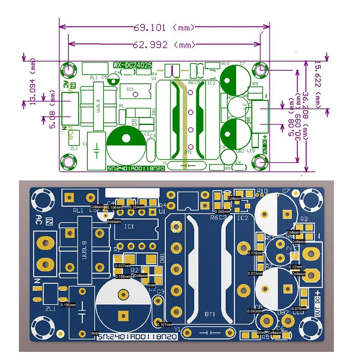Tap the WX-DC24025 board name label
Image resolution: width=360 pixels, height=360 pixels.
click(x=132, y=65)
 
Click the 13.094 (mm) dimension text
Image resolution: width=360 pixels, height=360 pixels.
click(x=32, y=81)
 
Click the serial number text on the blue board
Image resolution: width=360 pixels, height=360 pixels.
click(x=137, y=336)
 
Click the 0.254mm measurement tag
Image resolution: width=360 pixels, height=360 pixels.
click(x=137, y=207)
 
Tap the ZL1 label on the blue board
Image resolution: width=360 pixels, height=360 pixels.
click(x=50, y=309)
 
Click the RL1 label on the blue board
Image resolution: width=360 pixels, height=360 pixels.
click(x=78, y=210)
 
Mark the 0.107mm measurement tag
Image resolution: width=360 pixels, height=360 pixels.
click(x=165, y=324)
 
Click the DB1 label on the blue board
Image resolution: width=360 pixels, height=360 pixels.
click(x=162, y=259)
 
